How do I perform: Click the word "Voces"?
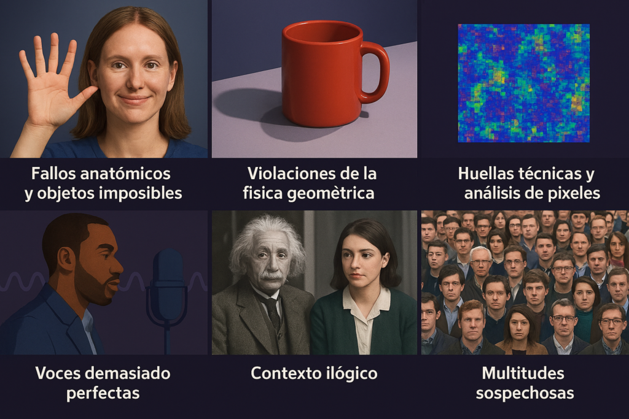(x=61, y=373)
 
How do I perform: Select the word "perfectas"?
(x=103, y=393)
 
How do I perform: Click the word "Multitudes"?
(x=523, y=373)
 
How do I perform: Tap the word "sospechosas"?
(x=523, y=393)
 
